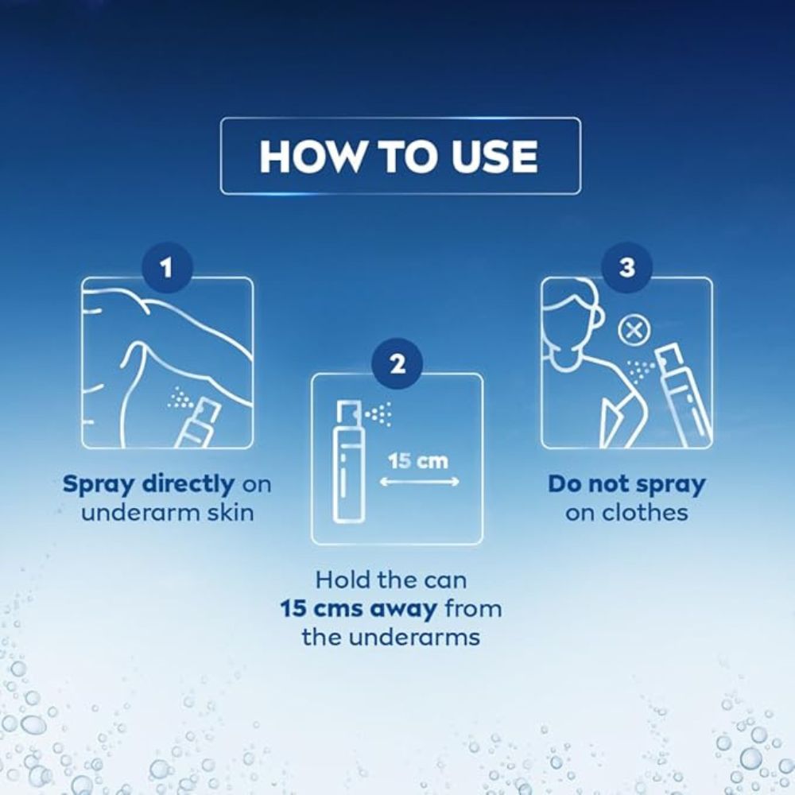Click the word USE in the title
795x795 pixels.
click(494, 156)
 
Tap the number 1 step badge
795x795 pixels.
click(167, 268)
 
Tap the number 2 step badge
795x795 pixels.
click(397, 363)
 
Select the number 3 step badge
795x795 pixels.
click(626, 268)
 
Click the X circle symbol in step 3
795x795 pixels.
click(634, 332)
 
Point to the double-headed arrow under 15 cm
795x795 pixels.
click(419, 482)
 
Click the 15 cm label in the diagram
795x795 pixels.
click(418, 461)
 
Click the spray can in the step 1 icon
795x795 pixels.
click(200, 424)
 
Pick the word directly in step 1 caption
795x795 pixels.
click(188, 485)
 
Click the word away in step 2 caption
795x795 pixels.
click(403, 609)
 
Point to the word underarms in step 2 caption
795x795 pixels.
click(421, 638)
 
